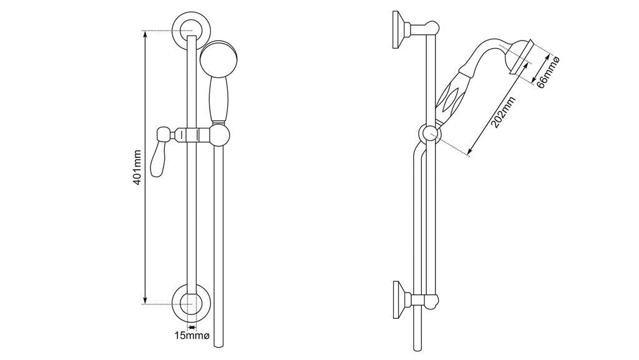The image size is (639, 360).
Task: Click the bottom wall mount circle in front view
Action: point(192,304)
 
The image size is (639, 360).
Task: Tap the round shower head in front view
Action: point(218,59)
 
